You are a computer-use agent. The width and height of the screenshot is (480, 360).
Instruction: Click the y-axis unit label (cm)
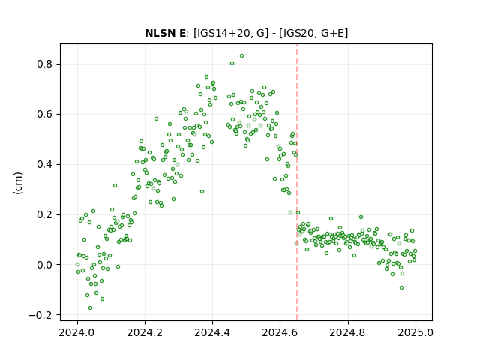click(x=18, y=183)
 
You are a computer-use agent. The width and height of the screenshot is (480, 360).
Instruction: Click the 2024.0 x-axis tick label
click(x=77, y=332)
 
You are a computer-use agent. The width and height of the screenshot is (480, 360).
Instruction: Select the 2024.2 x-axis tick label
click(x=145, y=332)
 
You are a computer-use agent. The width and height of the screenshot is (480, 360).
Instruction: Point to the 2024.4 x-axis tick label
click(x=212, y=332)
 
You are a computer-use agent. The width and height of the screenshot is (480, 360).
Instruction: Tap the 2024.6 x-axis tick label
click(x=280, y=332)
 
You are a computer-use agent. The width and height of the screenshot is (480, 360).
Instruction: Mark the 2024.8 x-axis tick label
click(x=348, y=332)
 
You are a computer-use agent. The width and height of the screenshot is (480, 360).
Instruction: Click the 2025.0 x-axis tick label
click(x=415, y=332)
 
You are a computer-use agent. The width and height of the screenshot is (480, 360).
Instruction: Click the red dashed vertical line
click(x=297, y=182)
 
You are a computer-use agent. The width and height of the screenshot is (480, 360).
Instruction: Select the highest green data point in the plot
click(x=241, y=56)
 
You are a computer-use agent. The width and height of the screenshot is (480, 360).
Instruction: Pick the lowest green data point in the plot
click(x=90, y=308)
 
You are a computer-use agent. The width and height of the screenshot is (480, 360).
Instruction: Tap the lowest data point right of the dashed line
click(x=402, y=288)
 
